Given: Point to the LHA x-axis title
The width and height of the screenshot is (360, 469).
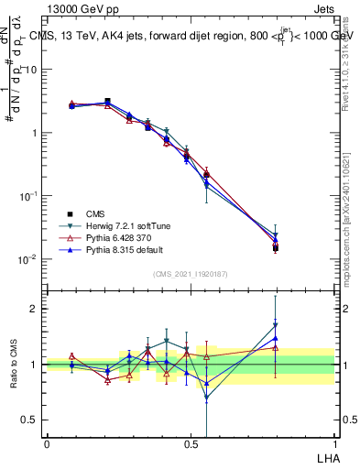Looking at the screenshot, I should point(326,457).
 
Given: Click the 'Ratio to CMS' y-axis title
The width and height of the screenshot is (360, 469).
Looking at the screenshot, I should point(14,365).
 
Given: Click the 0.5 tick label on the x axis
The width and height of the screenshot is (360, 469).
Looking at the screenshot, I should point(191,444).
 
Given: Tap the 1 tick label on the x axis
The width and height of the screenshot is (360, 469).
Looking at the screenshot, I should point(334,444).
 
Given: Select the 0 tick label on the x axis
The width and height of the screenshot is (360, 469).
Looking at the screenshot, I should point(47,444).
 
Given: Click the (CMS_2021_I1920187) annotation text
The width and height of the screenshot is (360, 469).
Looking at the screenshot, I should point(191,274).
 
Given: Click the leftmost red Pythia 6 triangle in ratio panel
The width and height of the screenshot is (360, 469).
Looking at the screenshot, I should point(72,355).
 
